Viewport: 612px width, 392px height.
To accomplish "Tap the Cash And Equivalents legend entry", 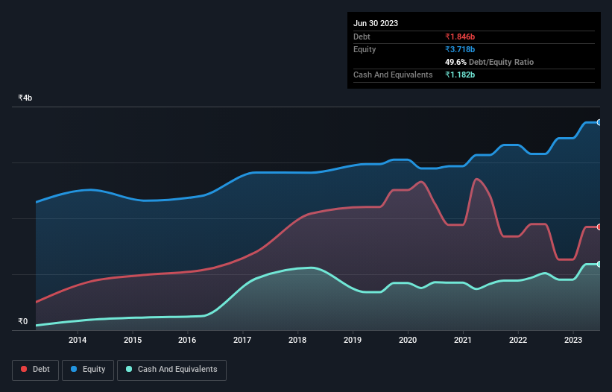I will pos(171,369).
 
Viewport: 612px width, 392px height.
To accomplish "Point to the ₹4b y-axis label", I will pos(25,98).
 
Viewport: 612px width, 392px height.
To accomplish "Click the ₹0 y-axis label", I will pos(23,322).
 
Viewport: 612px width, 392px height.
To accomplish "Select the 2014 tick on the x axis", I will pos(78,341).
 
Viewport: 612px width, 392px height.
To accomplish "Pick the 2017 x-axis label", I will pos(242,341).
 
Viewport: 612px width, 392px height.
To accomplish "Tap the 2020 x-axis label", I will pos(408,341).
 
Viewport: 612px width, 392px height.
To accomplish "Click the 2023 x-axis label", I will pos(573,341).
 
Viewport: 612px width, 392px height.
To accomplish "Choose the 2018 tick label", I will pos(297,341).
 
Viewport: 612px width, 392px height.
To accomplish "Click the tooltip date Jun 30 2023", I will pos(376,23).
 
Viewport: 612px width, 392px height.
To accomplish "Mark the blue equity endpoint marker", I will pos(599,122).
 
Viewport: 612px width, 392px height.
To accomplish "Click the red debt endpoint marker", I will pos(599,227).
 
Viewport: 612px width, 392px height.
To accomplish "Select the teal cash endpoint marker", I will pos(599,265).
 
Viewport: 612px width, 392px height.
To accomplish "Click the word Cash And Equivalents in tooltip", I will pos(393,75).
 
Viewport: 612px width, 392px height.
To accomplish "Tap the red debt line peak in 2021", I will pos(476,179).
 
